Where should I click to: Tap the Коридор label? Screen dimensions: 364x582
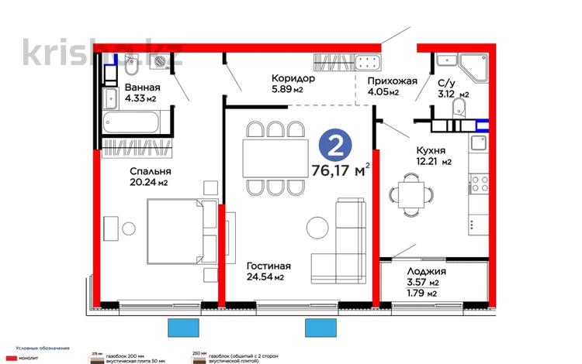click(293, 78)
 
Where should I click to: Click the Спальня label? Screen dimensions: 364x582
click(129, 171)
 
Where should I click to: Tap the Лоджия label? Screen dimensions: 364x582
click(425, 272)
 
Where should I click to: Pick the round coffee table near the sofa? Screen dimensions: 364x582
click(318, 227)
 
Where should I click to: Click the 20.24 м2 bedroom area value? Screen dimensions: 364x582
click(129, 183)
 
